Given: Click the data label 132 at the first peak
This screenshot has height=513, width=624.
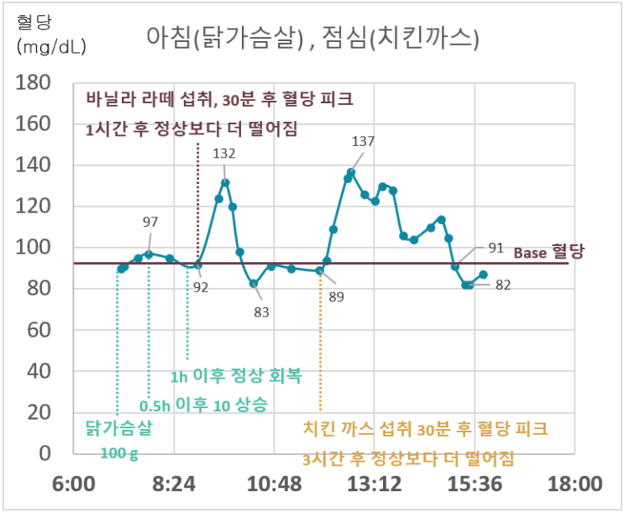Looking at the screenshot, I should tap(224, 154).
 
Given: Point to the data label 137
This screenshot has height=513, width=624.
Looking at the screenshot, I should tap(363, 142).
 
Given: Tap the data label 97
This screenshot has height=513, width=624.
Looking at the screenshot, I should tap(150, 222).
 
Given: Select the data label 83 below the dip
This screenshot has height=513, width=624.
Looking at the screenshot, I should tap(261, 312).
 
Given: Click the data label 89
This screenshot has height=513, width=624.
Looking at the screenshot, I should tap(337, 296).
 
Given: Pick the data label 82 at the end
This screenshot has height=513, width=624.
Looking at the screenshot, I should tap(503, 285).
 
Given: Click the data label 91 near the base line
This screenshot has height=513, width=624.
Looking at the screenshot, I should tap(496, 248).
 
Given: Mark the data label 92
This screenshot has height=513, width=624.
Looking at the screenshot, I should tap(201, 286).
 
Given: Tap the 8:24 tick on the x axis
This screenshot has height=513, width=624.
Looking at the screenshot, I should tap(173, 485).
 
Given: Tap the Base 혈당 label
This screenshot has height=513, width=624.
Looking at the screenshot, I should tap(548, 252).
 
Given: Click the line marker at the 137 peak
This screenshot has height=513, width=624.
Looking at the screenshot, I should tap(351, 172).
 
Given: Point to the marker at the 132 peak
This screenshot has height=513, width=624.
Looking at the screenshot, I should tap(225, 182).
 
